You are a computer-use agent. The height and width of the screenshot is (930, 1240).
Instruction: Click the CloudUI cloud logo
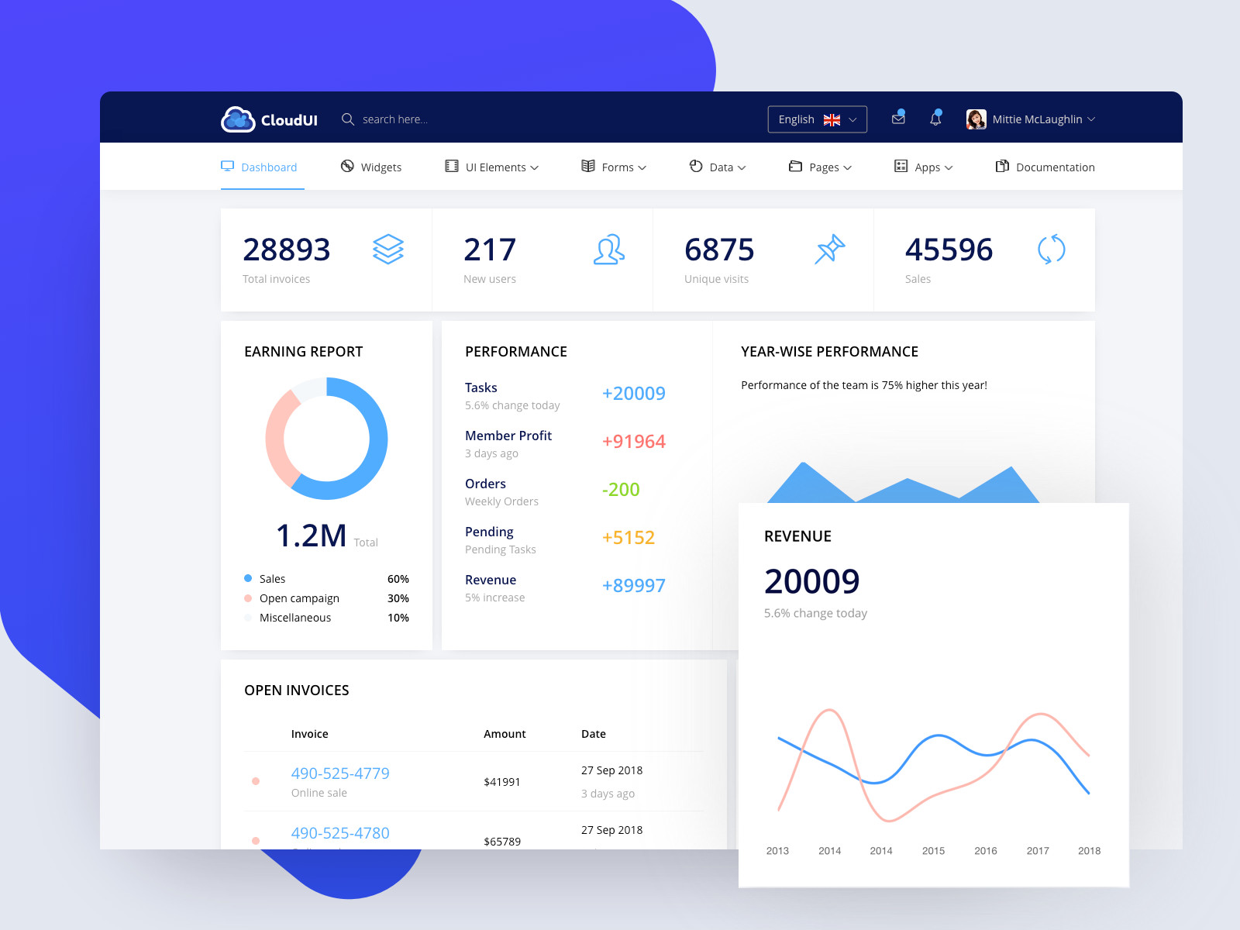click(238, 119)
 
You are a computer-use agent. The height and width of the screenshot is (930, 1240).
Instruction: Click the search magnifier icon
click(348, 119)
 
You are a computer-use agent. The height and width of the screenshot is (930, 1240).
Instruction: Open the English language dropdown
click(817, 119)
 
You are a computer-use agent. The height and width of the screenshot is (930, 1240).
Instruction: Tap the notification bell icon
click(935, 119)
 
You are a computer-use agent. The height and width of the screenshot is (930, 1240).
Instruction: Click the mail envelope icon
click(898, 119)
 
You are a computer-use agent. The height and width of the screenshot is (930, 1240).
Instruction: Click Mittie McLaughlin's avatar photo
click(976, 119)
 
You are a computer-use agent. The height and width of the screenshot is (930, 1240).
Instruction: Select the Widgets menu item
click(371, 167)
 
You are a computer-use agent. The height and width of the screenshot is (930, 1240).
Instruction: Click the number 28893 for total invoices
click(286, 250)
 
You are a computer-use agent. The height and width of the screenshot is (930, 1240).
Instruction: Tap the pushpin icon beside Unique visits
click(829, 249)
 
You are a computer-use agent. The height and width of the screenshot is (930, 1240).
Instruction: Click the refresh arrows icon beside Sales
click(1051, 250)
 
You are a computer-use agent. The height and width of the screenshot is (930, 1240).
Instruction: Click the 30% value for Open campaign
click(398, 598)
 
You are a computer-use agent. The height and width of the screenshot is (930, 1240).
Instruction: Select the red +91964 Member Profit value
click(633, 442)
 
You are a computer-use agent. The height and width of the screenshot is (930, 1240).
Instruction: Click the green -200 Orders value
click(620, 490)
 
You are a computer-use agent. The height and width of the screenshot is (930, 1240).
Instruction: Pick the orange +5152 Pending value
click(628, 538)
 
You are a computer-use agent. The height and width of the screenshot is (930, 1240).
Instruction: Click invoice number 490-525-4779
click(340, 773)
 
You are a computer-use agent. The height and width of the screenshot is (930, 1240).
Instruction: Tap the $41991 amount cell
click(501, 782)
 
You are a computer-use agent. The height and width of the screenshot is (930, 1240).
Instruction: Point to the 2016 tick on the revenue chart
click(985, 851)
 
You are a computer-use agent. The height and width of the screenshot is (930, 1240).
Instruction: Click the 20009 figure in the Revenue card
click(811, 581)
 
